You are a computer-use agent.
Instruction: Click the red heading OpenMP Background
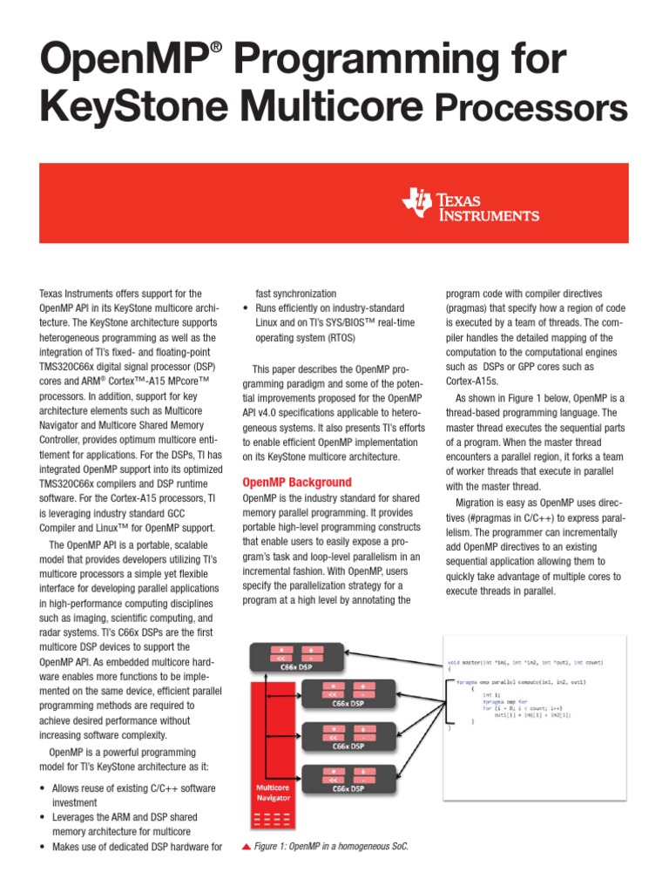tap(297, 482)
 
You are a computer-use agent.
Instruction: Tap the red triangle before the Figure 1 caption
tap(247, 846)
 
